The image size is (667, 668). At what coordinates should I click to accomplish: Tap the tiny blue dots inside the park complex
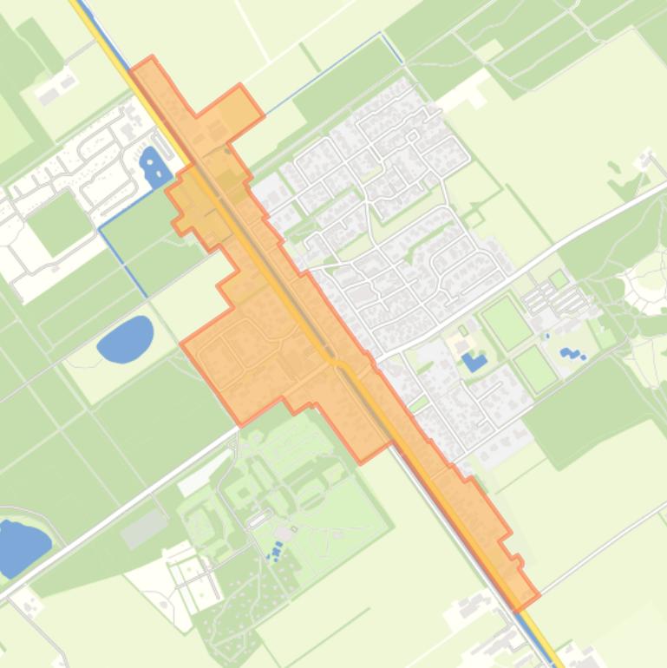click(x=277, y=550)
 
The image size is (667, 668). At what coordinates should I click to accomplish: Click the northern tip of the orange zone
click(x=151, y=58)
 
